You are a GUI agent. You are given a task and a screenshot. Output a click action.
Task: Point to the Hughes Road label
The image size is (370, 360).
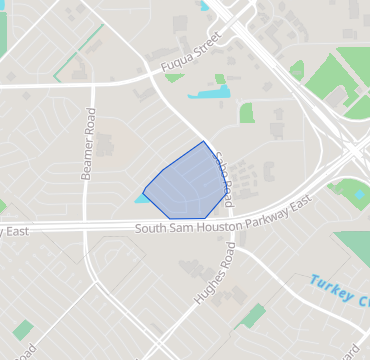214,275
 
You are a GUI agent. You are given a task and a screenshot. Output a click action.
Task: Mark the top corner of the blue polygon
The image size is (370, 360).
206,142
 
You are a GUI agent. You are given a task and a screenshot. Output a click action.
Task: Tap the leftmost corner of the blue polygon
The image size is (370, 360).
144,188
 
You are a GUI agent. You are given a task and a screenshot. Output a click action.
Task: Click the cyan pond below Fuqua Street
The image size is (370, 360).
208,94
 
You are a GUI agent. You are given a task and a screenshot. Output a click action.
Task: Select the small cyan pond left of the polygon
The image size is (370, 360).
141,198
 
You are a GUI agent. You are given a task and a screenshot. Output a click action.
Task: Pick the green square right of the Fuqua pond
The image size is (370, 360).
247,113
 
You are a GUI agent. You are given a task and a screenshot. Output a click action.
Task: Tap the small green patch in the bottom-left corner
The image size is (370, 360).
23,329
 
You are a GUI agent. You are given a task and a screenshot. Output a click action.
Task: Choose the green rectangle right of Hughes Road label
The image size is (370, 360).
251,316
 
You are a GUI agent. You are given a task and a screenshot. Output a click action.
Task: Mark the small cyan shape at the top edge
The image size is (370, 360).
206,5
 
